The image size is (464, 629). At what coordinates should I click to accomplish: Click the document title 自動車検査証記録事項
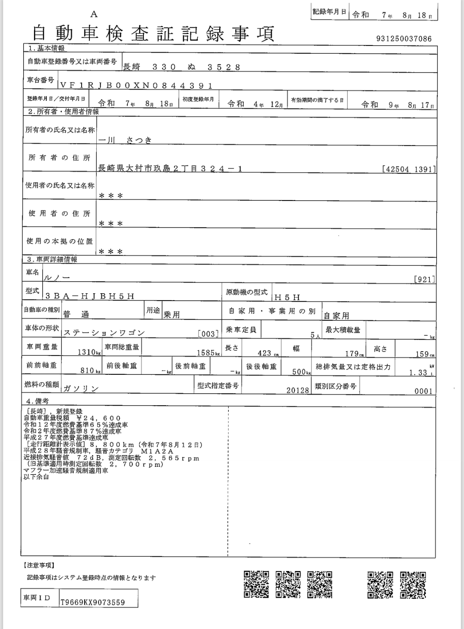[153, 33]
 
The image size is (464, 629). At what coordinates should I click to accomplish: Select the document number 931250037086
[404, 39]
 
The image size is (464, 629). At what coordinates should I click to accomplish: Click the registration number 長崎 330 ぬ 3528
[181, 67]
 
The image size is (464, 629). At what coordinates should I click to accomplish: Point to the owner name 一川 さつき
[125, 140]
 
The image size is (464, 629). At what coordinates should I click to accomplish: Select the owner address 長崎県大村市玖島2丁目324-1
[170, 169]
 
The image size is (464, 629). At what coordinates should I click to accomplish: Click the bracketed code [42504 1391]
[409, 169]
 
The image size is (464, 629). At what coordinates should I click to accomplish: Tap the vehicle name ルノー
[57, 279]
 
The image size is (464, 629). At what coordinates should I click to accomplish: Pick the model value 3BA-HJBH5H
[90, 296]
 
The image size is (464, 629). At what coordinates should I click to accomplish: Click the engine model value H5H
[287, 297]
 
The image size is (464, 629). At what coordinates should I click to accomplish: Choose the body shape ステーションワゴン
[104, 333]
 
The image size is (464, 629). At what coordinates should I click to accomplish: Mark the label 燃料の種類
[42, 385]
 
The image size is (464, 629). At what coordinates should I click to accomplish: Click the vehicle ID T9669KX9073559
[93, 602]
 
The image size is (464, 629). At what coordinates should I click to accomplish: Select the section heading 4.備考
[37, 401]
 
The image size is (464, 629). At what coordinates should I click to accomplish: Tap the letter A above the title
[94, 14]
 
